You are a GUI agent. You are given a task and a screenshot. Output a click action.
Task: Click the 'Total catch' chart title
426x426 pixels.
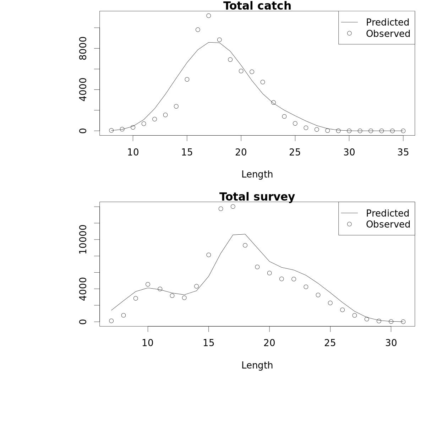tap(257, 6)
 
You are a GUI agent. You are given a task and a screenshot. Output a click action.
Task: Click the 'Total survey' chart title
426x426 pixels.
tap(257, 197)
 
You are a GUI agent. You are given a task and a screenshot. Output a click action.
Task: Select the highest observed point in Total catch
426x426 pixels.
tap(209, 16)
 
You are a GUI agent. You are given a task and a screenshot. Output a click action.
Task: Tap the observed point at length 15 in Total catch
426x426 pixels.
tap(187, 80)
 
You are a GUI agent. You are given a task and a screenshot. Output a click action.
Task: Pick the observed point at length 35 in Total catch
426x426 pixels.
tap(403, 131)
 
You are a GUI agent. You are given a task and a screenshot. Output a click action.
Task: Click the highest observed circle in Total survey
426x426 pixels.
tap(233, 207)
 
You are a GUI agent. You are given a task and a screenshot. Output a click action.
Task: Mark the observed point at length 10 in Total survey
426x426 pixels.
tap(148, 284)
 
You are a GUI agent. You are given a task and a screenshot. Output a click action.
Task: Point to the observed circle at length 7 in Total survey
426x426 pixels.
tap(111, 321)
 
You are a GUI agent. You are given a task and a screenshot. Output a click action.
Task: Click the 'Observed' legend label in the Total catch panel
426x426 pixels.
tap(388, 34)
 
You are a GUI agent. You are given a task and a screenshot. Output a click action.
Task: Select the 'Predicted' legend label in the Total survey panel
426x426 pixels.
tap(387, 213)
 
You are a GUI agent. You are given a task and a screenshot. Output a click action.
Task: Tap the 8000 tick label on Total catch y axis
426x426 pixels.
tap(83, 48)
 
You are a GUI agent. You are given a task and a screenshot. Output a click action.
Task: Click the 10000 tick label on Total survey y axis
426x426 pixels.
tap(83, 240)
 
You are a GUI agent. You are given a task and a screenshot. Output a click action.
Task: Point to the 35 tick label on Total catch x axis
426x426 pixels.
tap(403, 152)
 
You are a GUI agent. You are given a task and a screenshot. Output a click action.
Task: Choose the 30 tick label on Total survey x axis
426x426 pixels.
tap(391, 343)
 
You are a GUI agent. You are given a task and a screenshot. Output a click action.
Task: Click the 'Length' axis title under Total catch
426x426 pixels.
tap(257, 174)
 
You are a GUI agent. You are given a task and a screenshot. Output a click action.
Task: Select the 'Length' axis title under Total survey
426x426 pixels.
tap(257, 365)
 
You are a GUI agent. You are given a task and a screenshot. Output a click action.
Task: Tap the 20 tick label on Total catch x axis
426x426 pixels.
tap(241, 152)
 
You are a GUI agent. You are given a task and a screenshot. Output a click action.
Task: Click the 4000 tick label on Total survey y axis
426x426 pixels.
tap(83, 289)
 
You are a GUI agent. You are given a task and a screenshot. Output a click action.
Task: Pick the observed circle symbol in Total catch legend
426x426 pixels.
tap(349, 33)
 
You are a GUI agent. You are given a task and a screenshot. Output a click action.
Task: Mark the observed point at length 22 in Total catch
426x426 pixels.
tap(263, 82)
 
